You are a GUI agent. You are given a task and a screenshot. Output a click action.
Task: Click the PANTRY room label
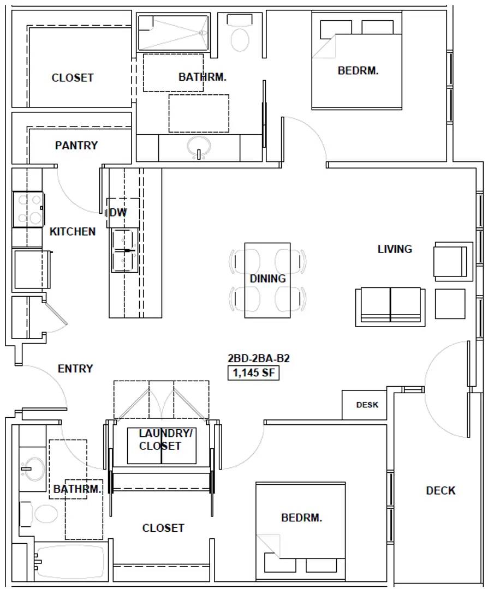coord(76,146)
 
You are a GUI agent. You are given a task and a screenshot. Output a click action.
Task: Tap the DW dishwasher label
coord(118,213)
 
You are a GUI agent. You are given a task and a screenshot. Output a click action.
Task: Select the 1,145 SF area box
coord(253,373)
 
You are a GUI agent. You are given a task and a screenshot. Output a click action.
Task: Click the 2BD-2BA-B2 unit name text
coord(259,358)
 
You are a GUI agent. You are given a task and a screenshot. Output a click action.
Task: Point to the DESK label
coord(367,405)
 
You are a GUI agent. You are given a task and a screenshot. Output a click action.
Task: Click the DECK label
coord(441,491)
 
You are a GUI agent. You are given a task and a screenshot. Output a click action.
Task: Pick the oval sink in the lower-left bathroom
coord(33,469)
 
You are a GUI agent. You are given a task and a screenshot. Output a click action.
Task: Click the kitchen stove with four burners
coord(28,209)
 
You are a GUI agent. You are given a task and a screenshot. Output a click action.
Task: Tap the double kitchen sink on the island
coord(125,250)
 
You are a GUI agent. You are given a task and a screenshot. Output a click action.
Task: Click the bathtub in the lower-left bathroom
coord(69,562)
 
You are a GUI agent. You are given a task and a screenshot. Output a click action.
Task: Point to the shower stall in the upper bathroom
coord(173,33)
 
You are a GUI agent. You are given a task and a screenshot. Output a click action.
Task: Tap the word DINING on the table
coord(267,279)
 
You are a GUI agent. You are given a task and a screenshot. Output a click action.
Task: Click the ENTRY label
coord(75,369)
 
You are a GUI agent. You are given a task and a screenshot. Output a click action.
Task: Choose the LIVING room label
coord(395,249)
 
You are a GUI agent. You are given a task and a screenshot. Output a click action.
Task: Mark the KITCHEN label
coord(73,232)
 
